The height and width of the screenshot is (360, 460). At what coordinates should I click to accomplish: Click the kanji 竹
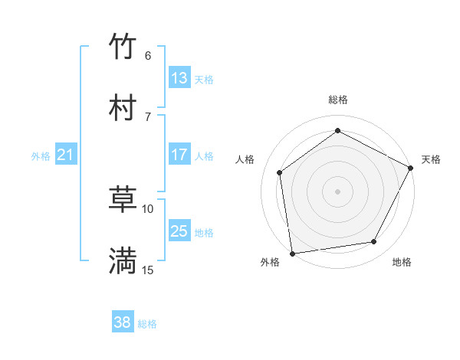(x=123, y=46)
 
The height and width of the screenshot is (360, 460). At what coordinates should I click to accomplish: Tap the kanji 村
(x=123, y=107)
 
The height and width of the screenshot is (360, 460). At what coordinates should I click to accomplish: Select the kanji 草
(x=123, y=199)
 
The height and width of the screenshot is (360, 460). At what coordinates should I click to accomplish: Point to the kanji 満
(x=123, y=260)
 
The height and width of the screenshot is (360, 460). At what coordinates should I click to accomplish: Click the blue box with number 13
(x=179, y=77)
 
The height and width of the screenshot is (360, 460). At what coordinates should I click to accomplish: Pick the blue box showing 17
(x=179, y=155)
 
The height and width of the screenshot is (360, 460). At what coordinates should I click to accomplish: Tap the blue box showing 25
(x=179, y=231)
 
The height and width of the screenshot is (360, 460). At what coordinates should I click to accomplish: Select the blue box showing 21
(x=65, y=155)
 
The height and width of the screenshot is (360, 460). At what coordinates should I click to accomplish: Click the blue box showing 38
(x=123, y=322)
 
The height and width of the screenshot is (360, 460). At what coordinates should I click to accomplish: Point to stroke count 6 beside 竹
(x=148, y=55)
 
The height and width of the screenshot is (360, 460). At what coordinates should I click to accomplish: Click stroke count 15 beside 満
(x=148, y=270)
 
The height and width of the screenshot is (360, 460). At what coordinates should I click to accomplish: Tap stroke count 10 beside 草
(x=148, y=208)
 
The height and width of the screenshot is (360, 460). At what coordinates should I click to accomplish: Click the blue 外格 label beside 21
(x=41, y=156)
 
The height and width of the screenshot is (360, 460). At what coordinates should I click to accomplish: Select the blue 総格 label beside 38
(x=147, y=324)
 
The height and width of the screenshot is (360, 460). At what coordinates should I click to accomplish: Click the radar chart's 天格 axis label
(x=431, y=159)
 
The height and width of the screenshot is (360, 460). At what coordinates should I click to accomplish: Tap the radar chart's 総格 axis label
(x=338, y=100)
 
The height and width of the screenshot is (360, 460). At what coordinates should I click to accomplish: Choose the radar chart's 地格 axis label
(x=402, y=263)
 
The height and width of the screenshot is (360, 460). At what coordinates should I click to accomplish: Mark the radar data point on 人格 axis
(x=280, y=172)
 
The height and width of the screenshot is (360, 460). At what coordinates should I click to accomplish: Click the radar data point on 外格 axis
(x=292, y=253)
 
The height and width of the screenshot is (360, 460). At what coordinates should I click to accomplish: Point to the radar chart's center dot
(x=337, y=191)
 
